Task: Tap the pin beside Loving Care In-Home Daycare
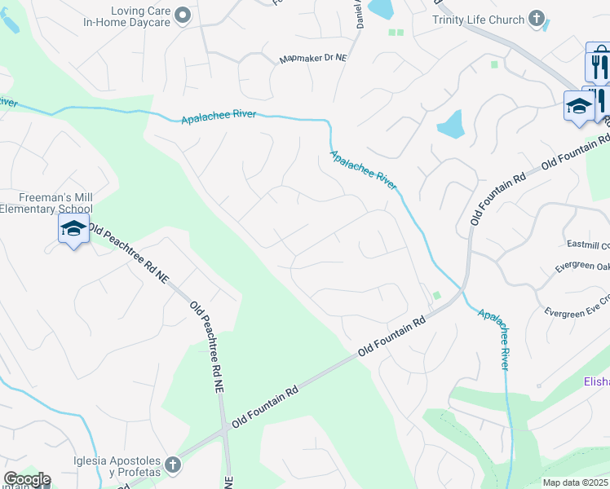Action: [x=183, y=14]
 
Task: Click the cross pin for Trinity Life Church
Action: [x=537, y=17]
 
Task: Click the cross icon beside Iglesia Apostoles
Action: [x=171, y=465]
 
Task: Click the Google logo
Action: [x=26, y=479]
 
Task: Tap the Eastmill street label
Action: [x=588, y=244]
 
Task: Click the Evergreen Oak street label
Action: [x=582, y=266]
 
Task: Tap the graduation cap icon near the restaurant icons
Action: [x=579, y=106]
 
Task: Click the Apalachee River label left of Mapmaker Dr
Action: [x=218, y=117]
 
